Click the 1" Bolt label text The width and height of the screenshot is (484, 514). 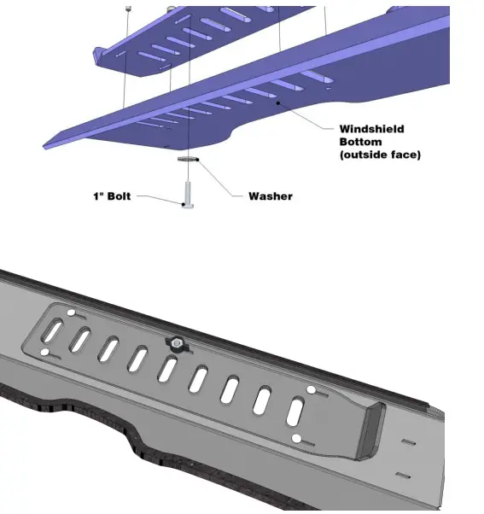(112, 196)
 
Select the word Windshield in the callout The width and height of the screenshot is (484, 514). (371, 129)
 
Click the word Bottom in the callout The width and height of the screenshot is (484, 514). (360, 142)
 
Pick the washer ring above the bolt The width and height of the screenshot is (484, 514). (188, 159)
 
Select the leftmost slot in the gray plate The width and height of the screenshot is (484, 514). (52, 331)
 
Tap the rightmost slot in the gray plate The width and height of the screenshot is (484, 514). (296, 412)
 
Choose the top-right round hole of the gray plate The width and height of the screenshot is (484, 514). (311, 390)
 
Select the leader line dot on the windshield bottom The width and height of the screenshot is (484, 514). (277, 102)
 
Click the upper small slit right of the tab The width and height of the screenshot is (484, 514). (408, 442)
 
